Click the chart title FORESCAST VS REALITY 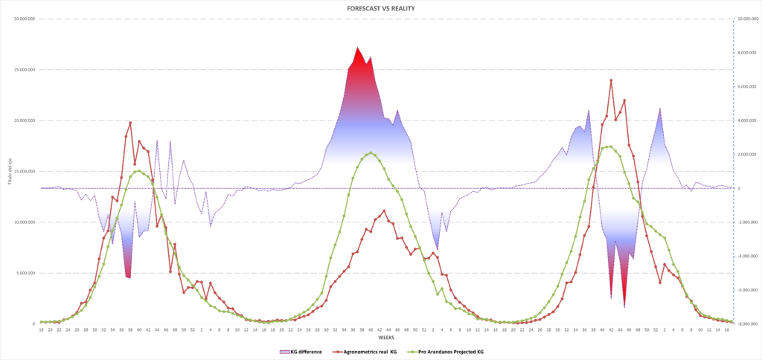pos(380,7)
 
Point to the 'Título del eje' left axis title pos(10,172)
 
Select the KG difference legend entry pos(301,351)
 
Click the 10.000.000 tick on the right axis pos(746,19)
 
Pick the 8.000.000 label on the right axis pos(747,53)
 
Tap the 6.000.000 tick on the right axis pos(747,87)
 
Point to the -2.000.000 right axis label pos(747,222)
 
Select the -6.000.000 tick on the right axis pos(747,290)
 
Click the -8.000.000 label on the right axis pos(747,324)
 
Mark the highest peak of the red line pos(611,80)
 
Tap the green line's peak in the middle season pos(370,152)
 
